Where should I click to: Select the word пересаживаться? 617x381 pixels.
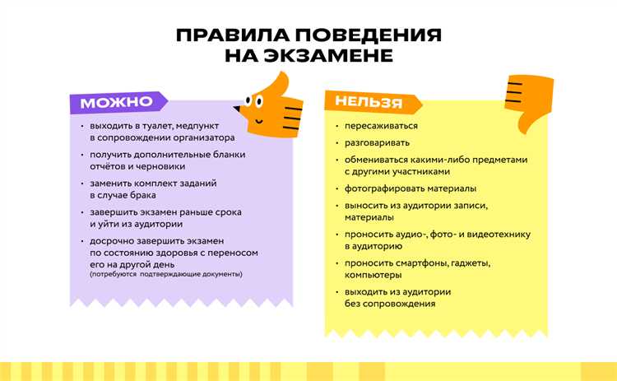(x=382, y=126)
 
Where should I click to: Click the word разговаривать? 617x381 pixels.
(x=378, y=142)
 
